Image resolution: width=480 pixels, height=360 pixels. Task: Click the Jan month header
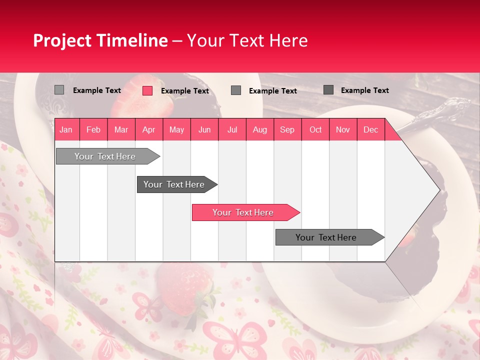click(66, 129)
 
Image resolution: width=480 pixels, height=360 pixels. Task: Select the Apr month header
click(149, 129)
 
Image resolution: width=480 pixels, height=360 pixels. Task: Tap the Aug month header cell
click(260, 129)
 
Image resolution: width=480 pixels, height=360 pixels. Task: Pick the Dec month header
click(370, 129)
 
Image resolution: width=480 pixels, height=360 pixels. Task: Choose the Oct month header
click(315, 129)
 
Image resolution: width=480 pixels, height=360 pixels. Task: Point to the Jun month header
click(204, 129)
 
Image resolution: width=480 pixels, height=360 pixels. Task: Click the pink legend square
click(147, 90)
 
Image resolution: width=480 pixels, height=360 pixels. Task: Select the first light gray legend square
click(59, 90)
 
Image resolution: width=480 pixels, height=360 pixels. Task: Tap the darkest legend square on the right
click(328, 90)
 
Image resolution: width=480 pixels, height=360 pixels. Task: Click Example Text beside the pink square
click(185, 91)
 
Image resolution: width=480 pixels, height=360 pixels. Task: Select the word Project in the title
click(62, 40)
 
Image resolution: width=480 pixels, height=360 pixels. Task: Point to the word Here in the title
click(288, 40)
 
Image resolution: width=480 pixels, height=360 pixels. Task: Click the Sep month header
click(287, 129)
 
